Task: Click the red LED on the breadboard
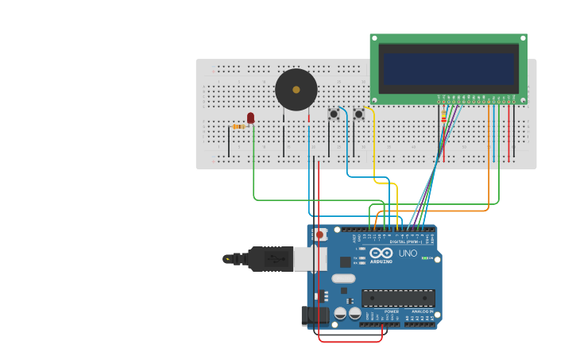[x=251, y=118]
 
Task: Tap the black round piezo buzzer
[x=296, y=90]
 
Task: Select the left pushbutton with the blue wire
[x=334, y=114]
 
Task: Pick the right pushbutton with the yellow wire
[x=358, y=114]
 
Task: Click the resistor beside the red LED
[x=238, y=126]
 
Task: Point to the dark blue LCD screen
[x=448, y=68]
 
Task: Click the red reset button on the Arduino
[x=319, y=234]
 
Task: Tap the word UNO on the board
[x=407, y=254]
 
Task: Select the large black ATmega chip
[x=398, y=298]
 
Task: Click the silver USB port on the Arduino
[x=310, y=258]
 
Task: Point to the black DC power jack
[x=315, y=315]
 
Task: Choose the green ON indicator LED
[x=425, y=258]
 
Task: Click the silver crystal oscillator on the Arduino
[x=343, y=278]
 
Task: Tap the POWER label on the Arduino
[x=391, y=312]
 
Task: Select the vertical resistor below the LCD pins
[x=443, y=120]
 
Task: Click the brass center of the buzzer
[x=296, y=90]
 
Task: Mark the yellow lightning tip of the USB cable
[x=229, y=258]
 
